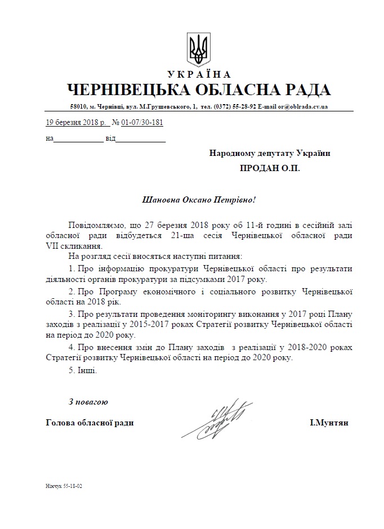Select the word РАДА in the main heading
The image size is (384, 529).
[303, 90]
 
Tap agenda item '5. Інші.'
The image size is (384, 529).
[83, 371]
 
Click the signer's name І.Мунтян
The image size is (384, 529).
[329, 423]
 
